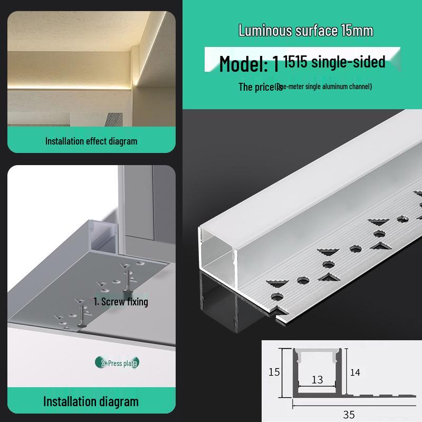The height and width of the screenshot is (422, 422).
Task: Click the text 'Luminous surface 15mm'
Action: pyautogui.click(x=305, y=31)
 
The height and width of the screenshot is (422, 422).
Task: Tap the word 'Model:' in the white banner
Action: pyautogui.click(x=244, y=64)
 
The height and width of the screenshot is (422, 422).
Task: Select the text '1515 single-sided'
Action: pyautogui.click(x=334, y=62)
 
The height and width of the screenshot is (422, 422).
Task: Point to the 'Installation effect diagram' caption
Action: pyautogui.click(x=91, y=141)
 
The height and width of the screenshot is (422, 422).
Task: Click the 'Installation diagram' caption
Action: pyautogui.click(x=91, y=401)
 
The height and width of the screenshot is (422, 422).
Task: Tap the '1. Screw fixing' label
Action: pyautogui.click(x=121, y=302)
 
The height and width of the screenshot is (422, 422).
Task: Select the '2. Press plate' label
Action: pyautogui.click(x=120, y=363)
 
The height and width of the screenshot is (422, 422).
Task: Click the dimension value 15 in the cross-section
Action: pyautogui.click(x=273, y=372)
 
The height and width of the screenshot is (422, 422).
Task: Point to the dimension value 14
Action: pyautogui.click(x=355, y=372)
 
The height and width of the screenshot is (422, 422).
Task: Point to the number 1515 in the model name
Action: pyautogui.click(x=296, y=62)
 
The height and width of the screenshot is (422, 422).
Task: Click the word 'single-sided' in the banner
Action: pyautogui.click(x=348, y=62)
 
